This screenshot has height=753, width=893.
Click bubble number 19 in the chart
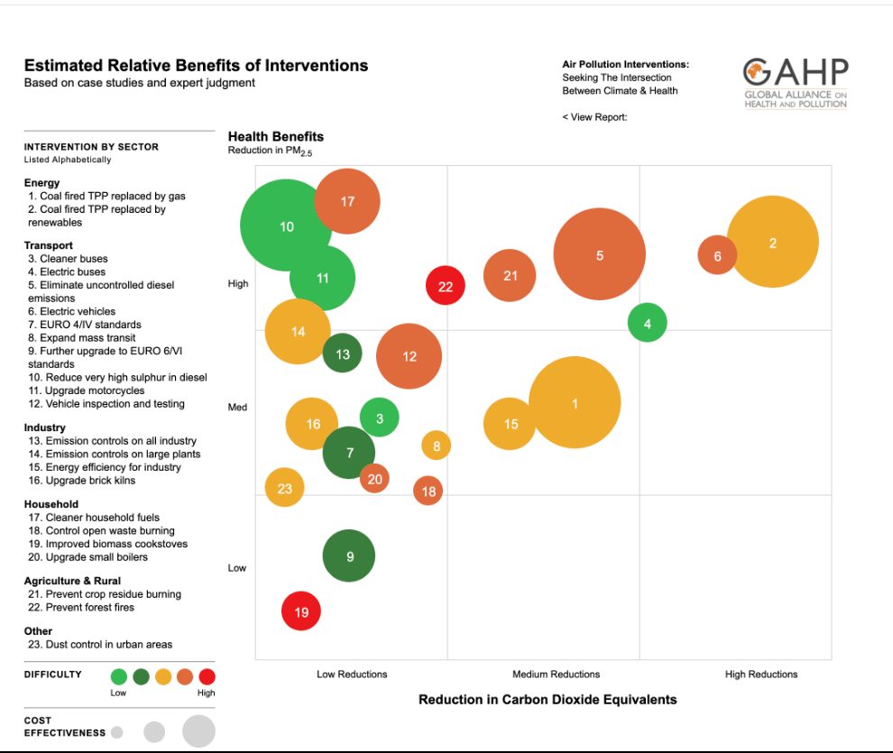coord(301,612)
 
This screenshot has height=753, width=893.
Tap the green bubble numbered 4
coord(647,323)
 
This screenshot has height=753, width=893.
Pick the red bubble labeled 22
coord(445,286)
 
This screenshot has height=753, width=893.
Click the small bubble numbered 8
coord(436,445)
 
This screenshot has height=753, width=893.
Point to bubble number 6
coord(717,256)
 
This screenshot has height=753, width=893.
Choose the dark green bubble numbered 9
coord(349,556)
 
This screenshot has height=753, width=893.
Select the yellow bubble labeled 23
coord(285,488)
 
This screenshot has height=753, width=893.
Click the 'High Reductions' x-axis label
coord(760,674)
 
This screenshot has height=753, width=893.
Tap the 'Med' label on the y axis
coord(237,407)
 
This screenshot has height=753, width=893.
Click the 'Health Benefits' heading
coord(275,137)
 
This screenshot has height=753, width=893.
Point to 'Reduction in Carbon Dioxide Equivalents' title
coord(548,699)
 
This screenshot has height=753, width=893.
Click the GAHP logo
coord(795,83)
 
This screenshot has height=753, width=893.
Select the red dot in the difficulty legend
coord(207,676)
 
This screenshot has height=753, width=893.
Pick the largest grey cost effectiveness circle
coord(198,730)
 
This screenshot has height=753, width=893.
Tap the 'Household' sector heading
coord(51,504)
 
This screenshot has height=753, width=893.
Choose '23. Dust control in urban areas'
coord(99,644)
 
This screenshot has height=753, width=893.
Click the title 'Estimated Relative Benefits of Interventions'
coord(196,66)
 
